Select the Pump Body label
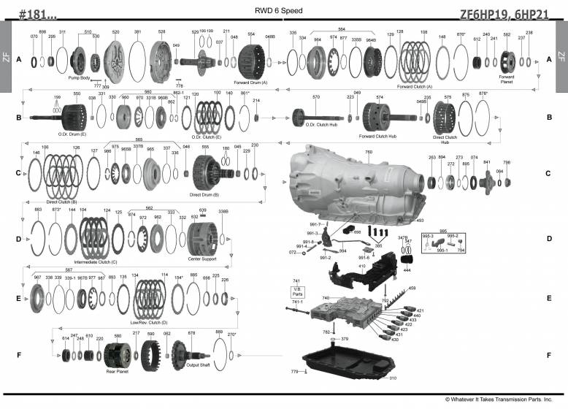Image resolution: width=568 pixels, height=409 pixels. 80,77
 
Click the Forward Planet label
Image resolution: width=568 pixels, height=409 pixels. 506,78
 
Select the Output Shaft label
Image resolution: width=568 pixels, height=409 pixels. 197,364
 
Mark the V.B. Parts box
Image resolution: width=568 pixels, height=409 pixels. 297,290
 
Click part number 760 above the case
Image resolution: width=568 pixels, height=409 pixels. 368,152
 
